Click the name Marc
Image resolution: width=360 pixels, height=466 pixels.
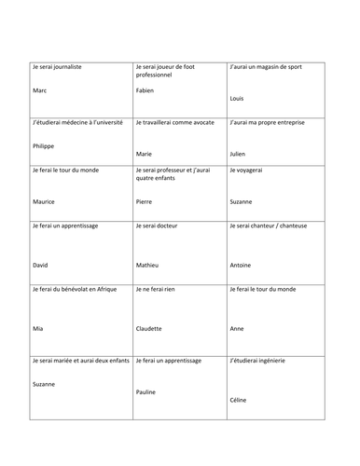point(39,91)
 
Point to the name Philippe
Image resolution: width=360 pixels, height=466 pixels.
point(44,146)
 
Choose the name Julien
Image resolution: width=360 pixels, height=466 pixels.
point(240,153)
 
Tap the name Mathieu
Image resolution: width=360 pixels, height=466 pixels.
point(148,265)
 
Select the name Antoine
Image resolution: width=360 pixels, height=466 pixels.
point(242,265)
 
